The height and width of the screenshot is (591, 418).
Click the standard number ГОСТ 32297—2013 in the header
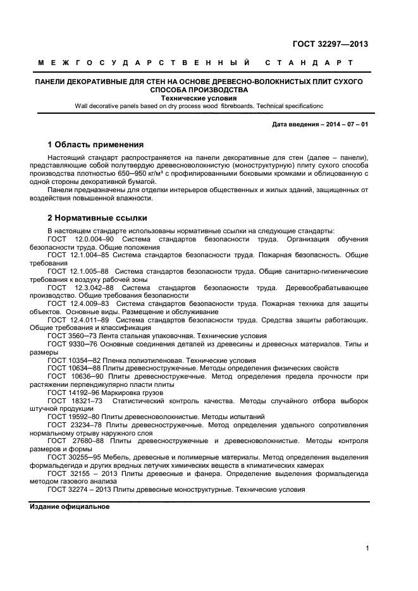pyautogui.click(x=330, y=44)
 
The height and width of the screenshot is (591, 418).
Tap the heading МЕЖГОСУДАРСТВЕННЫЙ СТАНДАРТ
pyautogui.click(x=195, y=63)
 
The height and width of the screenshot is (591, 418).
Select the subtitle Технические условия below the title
pyautogui.click(x=199, y=99)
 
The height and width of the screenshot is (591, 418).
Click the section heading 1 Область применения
pyautogui.click(x=95, y=144)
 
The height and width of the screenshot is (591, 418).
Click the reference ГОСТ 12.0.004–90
pyautogui.click(x=80, y=240)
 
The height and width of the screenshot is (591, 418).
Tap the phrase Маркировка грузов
pyautogui.click(x=127, y=393)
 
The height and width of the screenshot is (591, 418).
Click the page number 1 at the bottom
pyautogui.click(x=366, y=549)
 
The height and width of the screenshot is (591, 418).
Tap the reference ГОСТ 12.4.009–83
pyautogui.click(x=78, y=303)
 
